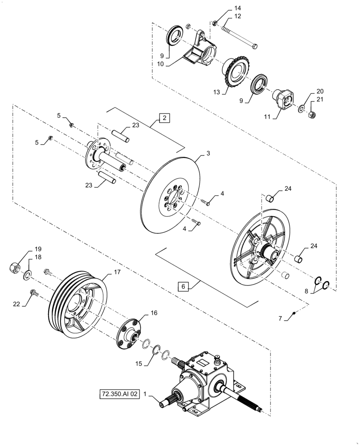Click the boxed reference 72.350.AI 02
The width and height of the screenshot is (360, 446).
click(x=120, y=394)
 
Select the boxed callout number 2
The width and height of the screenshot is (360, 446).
click(x=164, y=118)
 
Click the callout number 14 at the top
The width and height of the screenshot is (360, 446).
click(x=237, y=8)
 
